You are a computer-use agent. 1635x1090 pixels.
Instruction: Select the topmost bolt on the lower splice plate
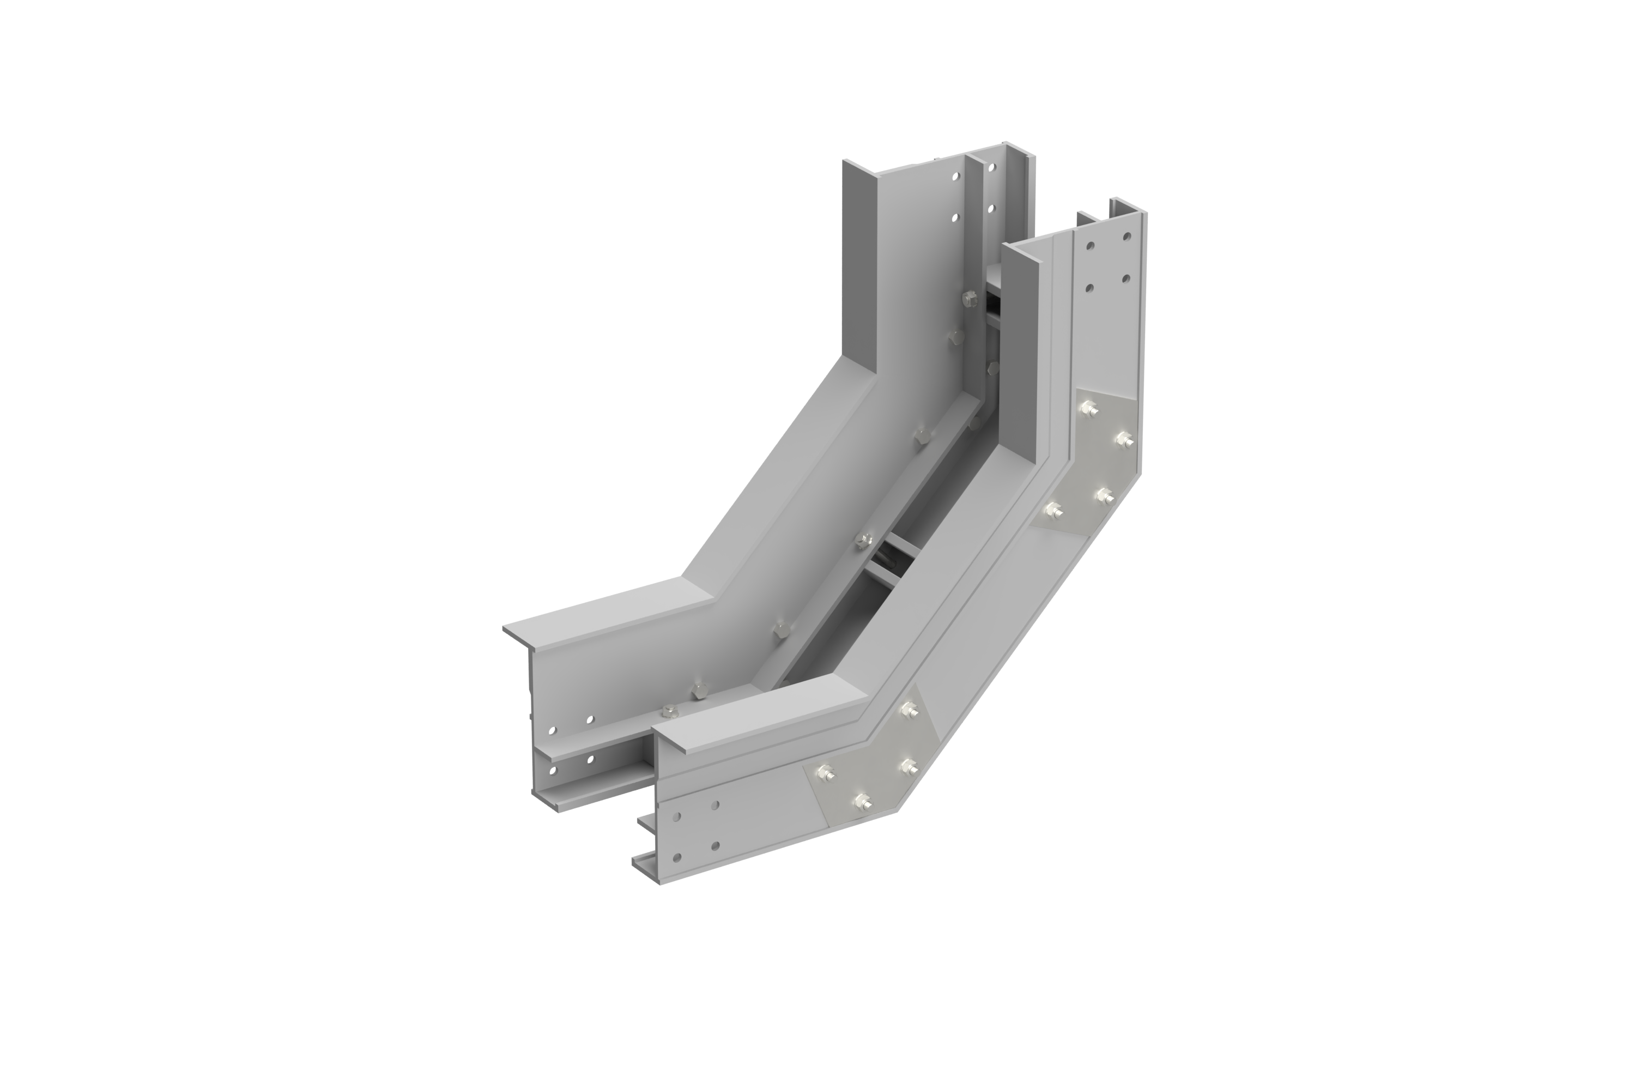click(x=908, y=710)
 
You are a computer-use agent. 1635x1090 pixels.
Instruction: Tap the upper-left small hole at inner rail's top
click(x=956, y=177)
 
